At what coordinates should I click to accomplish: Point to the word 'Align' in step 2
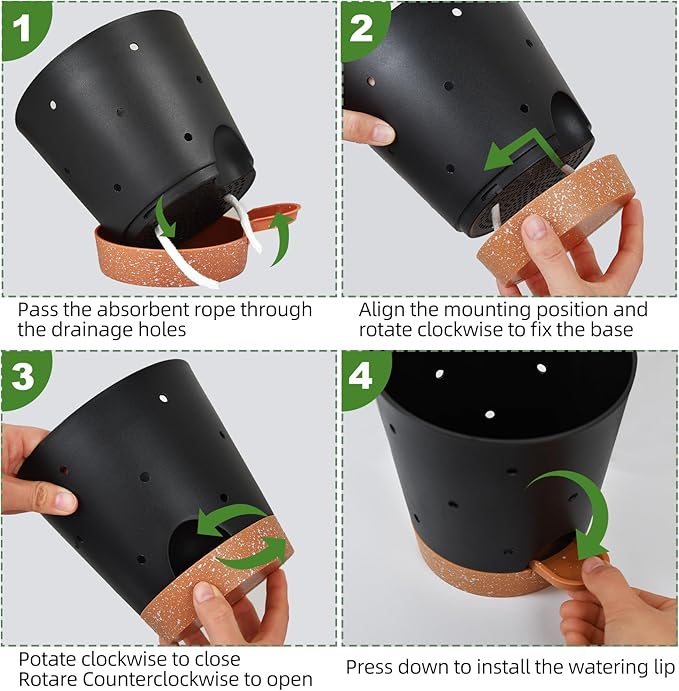[382, 310]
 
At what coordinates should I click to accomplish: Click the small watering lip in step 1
[275, 214]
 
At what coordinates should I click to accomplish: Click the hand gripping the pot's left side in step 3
[30, 470]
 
